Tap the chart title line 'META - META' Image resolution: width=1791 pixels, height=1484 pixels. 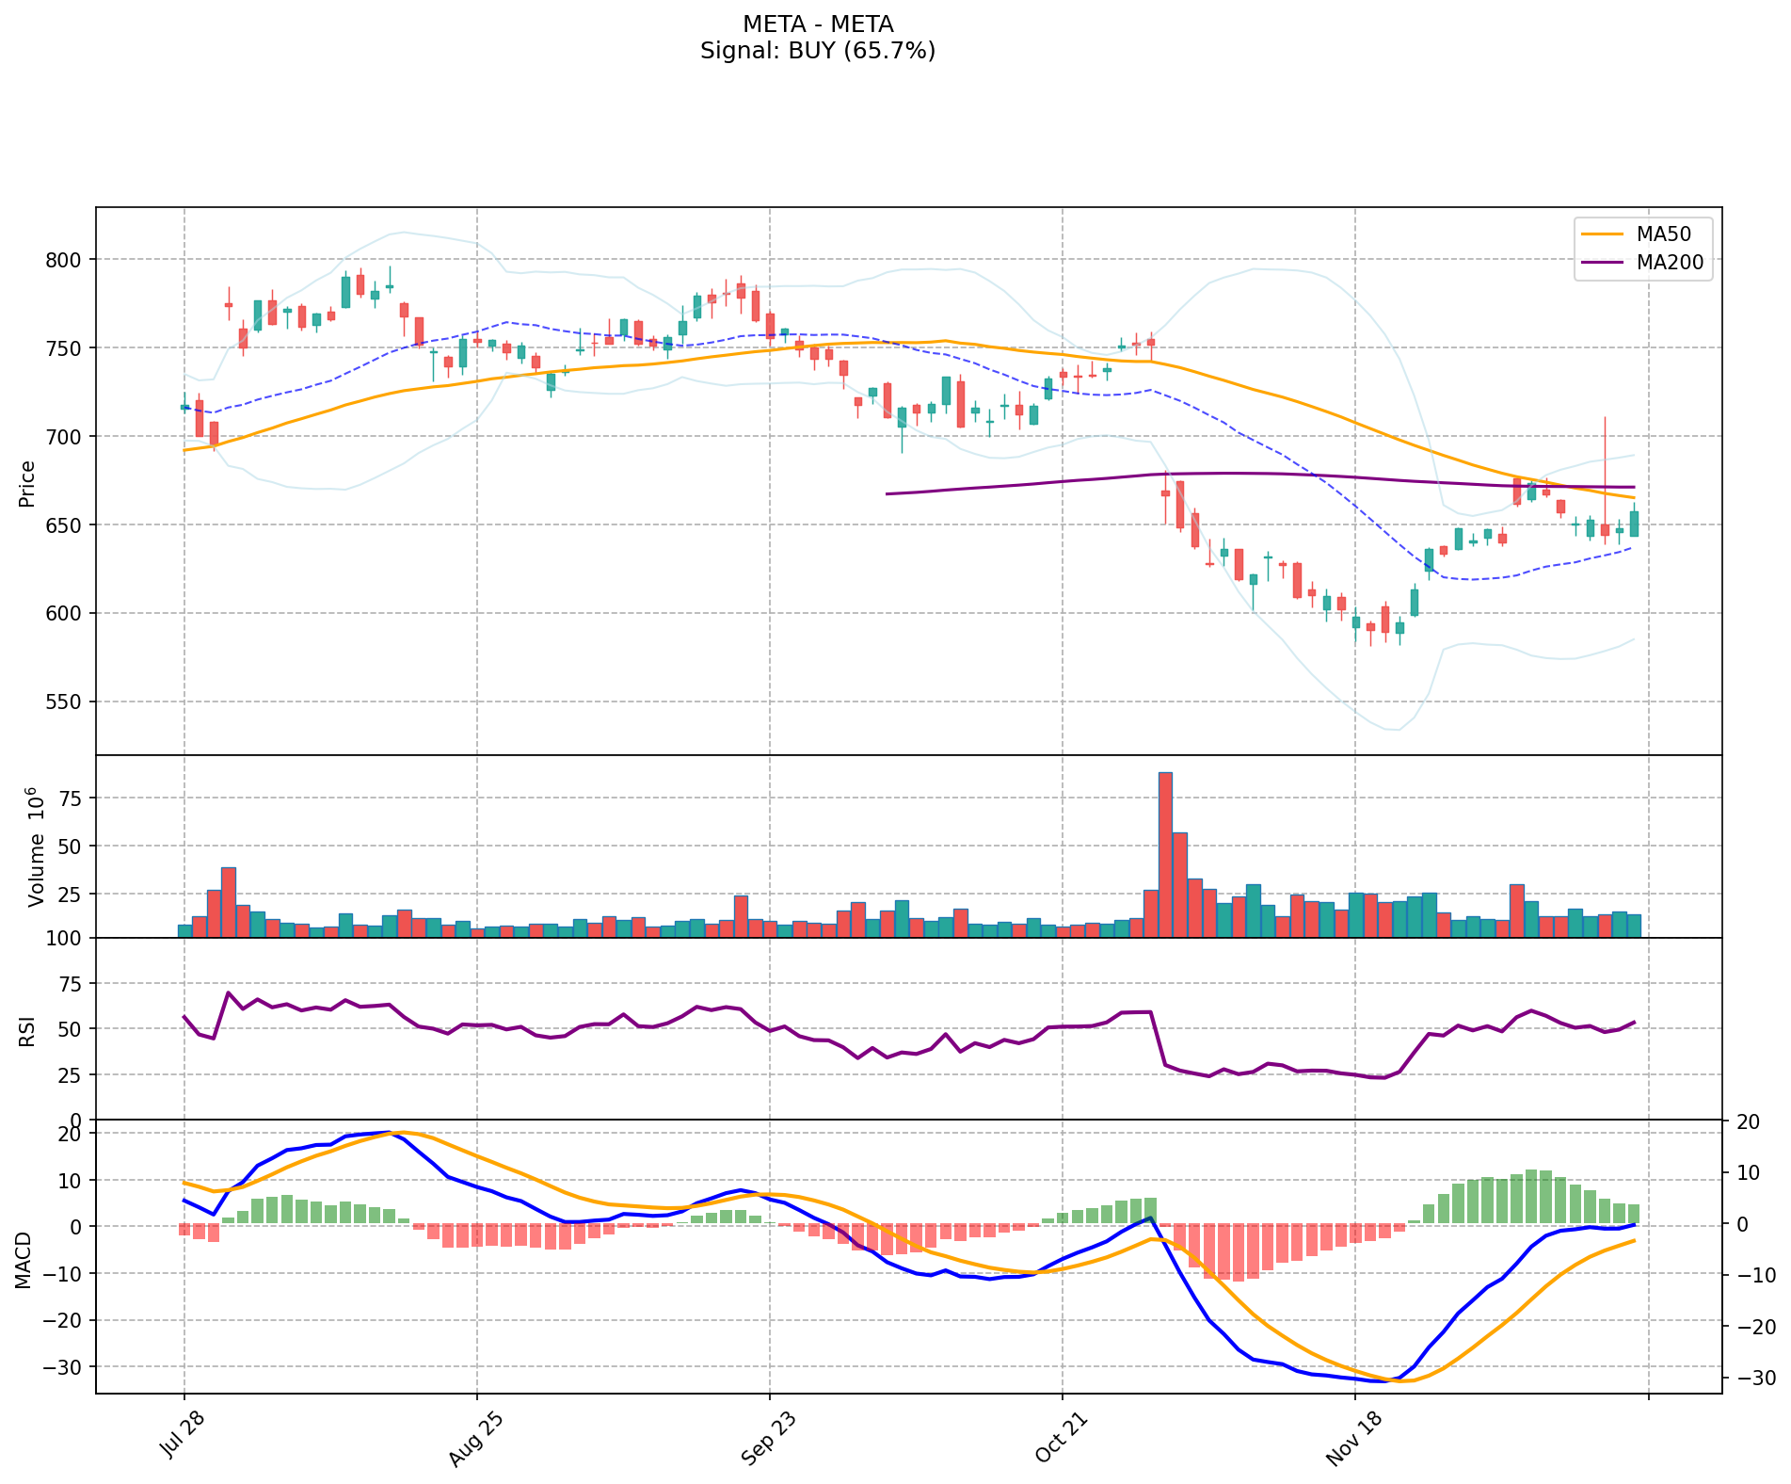(x=817, y=24)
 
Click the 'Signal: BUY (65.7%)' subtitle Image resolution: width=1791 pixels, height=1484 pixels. (x=817, y=51)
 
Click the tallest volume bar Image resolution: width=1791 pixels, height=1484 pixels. (x=1165, y=855)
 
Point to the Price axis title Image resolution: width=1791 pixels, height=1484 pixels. (x=26, y=483)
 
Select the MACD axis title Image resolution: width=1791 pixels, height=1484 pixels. (x=23, y=1260)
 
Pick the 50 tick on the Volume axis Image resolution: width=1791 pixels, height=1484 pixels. (x=72, y=847)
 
